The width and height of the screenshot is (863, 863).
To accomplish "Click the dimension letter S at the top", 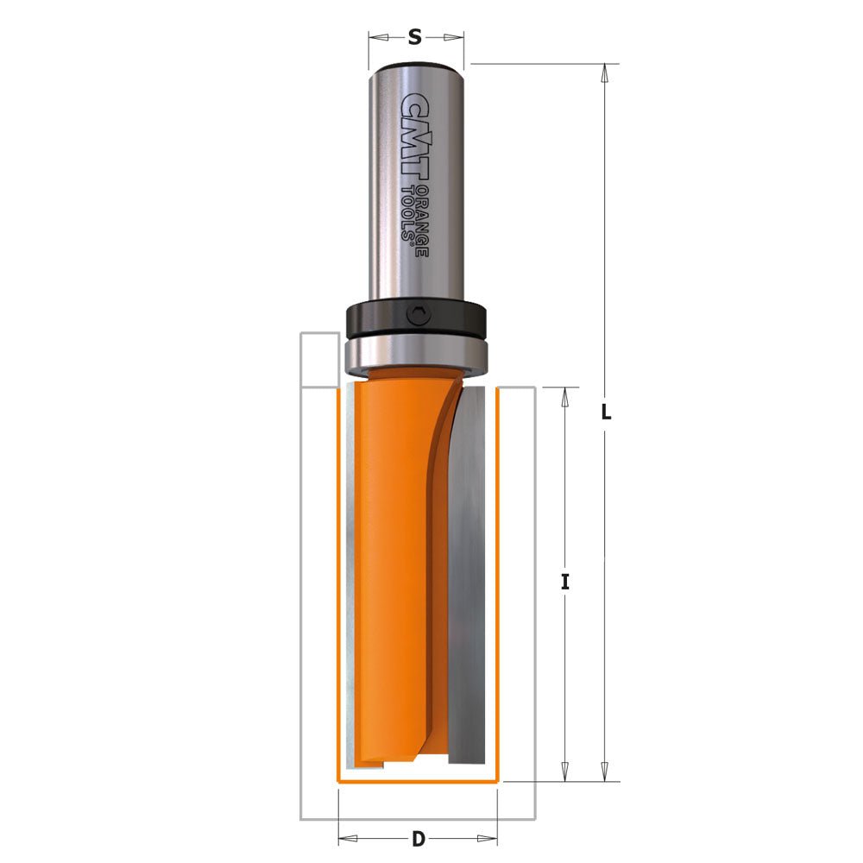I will [415, 37].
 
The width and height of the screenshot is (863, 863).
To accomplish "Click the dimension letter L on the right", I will [606, 413].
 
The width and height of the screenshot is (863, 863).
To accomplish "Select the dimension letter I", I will [565, 582].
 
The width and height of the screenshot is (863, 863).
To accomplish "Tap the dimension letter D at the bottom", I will [418, 837].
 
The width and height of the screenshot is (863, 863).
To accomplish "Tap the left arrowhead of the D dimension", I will [345, 837].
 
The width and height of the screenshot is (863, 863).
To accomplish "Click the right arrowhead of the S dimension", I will [457, 37].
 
